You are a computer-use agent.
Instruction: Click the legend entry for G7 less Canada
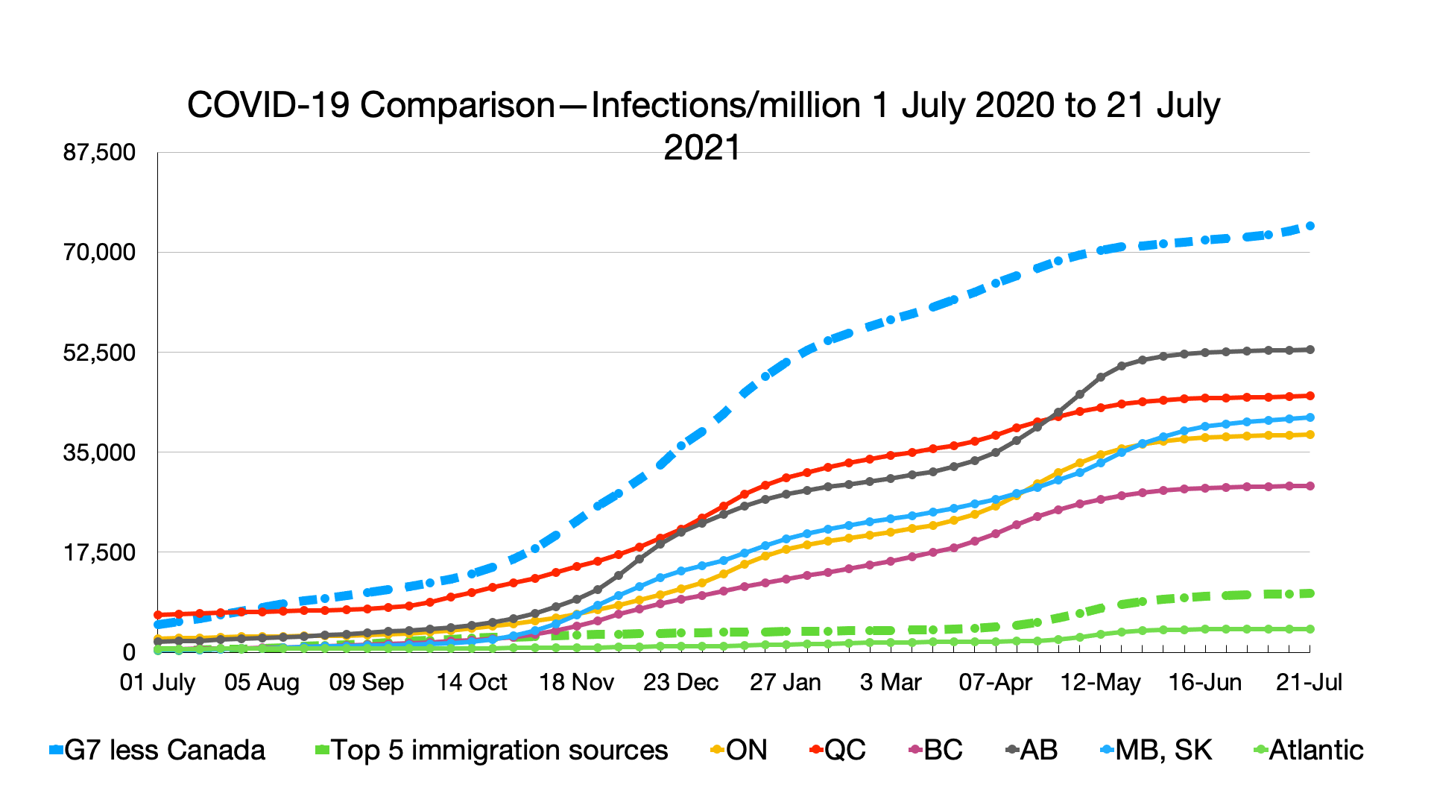[157, 750]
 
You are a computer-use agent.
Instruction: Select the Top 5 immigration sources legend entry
[492, 750]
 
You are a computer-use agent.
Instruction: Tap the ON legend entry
[738, 750]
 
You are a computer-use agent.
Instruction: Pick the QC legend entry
[838, 750]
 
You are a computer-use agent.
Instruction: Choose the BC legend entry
[936, 750]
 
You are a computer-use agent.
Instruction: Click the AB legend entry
[1032, 750]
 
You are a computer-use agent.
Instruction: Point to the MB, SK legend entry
[1156, 750]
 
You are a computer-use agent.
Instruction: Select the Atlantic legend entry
[1309, 750]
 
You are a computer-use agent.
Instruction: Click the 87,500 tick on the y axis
[100, 153]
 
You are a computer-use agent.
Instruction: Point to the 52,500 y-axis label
[100, 353]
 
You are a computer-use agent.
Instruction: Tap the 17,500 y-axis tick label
[100, 552]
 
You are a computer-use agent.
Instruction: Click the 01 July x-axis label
[157, 682]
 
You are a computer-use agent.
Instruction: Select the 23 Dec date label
[680, 682]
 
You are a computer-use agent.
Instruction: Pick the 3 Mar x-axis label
[891, 682]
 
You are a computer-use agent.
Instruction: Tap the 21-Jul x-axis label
[1309, 682]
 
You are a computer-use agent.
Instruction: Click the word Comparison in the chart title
[457, 105]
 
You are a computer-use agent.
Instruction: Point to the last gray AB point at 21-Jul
[1310, 350]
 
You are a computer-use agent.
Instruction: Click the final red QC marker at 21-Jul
[1310, 396]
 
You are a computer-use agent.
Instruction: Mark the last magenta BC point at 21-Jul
[1310, 486]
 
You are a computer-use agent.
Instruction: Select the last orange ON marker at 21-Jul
[1310, 435]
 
